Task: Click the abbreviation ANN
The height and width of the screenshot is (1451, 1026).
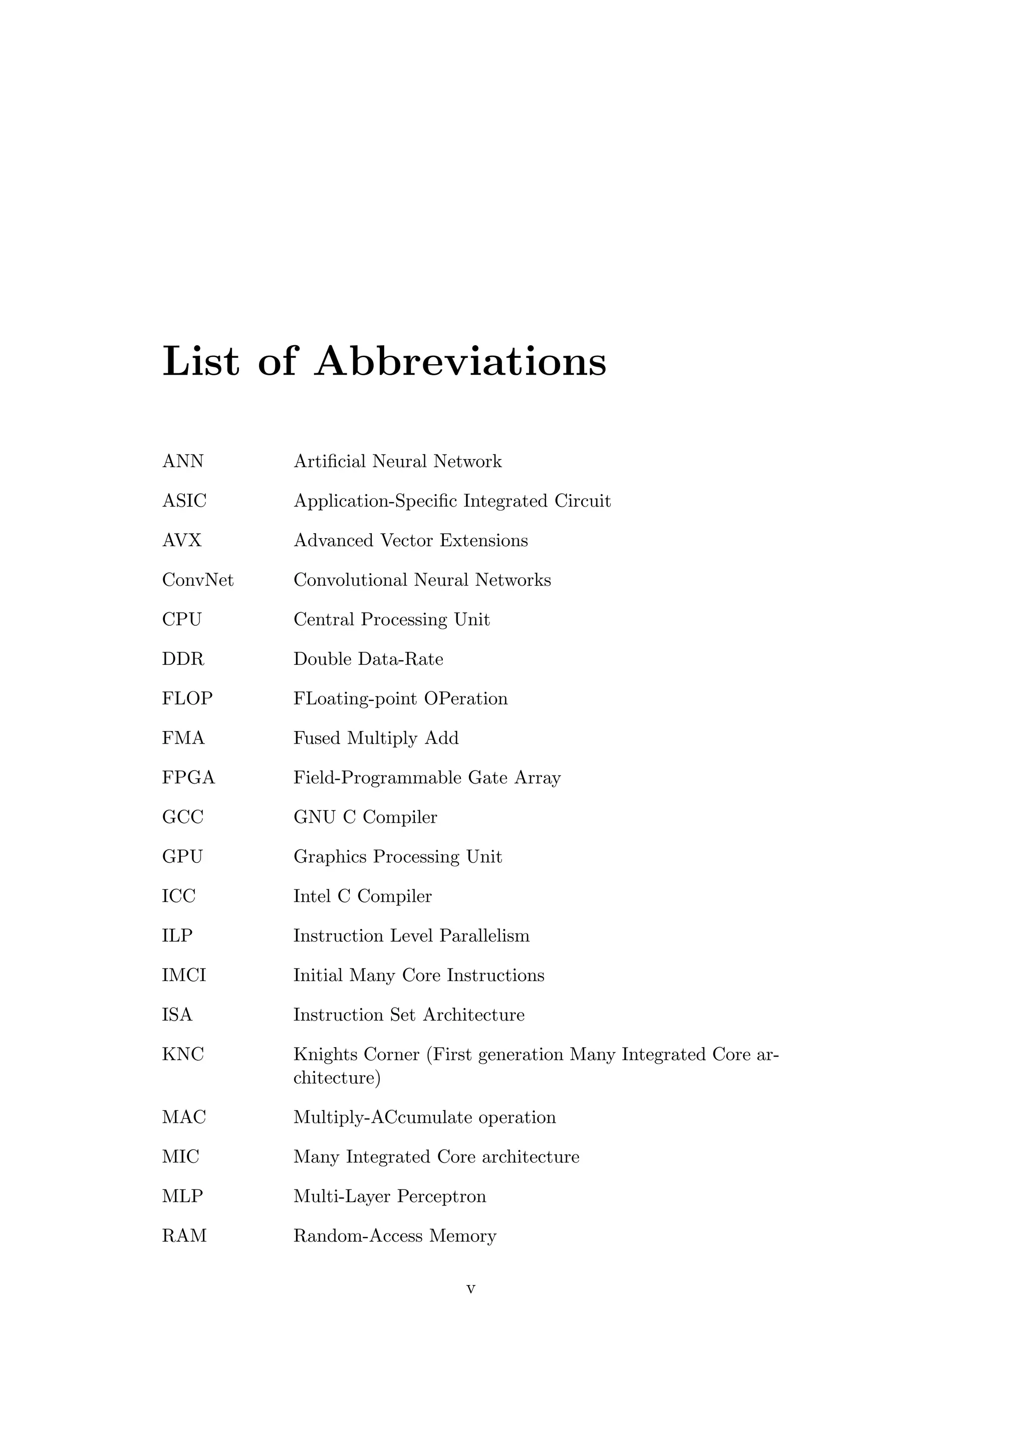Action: pyautogui.click(x=182, y=461)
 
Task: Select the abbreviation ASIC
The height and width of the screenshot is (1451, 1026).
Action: pyautogui.click(x=184, y=501)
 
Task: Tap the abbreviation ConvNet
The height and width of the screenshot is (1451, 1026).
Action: pyautogui.click(x=198, y=580)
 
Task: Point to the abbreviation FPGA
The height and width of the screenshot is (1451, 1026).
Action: pyautogui.click(x=188, y=778)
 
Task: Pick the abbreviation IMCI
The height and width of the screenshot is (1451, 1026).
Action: pyautogui.click(x=184, y=975)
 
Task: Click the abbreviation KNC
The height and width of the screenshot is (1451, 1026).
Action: pyautogui.click(x=182, y=1054)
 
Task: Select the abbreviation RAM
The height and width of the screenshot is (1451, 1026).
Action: pyautogui.click(x=184, y=1236)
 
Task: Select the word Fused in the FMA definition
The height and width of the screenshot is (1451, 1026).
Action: pyautogui.click(x=317, y=738)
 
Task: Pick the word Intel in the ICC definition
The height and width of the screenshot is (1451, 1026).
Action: pyautogui.click(x=312, y=896)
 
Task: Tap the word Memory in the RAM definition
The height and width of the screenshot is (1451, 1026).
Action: pyautogui.click(x=462, y=1236)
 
